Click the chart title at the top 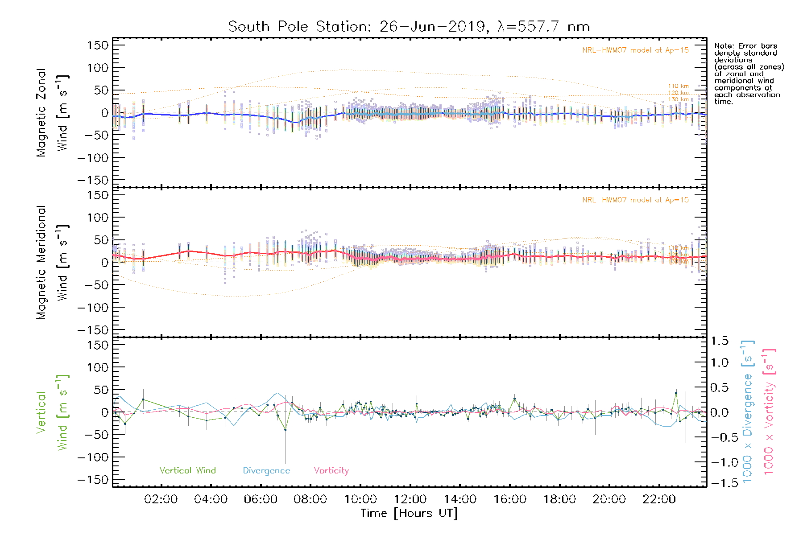(x=409, y=27)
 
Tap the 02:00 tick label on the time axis (x=161, y=499)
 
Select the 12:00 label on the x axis (x=410, y=499)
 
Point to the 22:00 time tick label (x=659, y=499)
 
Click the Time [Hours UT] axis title (x=409, y=514)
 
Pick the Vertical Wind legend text (x=187, y=471)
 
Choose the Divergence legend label (x=266, y=471)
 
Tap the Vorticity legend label (x=331, y=471)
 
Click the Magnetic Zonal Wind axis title (x=52, y=112)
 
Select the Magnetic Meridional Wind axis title (x=52, y=262)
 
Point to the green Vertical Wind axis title (x=52, y=412)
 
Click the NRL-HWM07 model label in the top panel (x=635, y=50)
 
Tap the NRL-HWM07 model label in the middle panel (x=635, y=200)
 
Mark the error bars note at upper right (x=749, y=74)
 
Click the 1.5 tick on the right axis (x=720, y=341)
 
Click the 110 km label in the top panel (x=678, y=86)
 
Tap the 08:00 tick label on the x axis (x=310, y=499)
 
